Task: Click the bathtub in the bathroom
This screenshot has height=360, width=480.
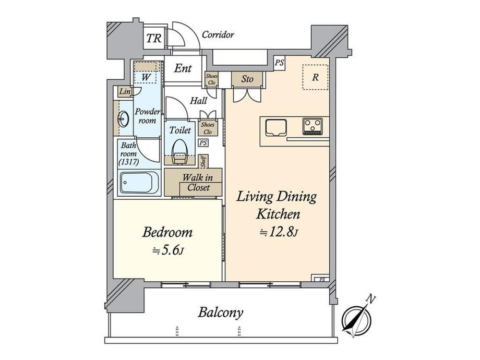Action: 139,183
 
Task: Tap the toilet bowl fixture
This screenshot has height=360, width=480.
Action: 179,152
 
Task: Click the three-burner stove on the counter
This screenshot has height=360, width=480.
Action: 313,126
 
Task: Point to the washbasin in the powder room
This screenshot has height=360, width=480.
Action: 123,118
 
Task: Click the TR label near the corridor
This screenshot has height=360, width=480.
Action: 154,38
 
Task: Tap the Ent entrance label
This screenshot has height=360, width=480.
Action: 183,68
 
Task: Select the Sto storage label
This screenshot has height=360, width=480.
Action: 247,79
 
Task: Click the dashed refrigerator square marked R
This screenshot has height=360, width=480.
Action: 315,77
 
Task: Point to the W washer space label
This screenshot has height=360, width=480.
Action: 146,77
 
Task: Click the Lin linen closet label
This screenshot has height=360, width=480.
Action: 125,91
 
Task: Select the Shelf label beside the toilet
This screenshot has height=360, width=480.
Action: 203,161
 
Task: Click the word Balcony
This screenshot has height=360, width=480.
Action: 220,313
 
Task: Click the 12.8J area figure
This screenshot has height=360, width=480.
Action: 279,232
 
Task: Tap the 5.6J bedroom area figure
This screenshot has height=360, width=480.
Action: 168,251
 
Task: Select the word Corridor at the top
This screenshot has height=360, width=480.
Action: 218,34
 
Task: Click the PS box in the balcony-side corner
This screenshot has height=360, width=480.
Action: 321,279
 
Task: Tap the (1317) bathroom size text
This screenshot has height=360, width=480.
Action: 128,162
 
